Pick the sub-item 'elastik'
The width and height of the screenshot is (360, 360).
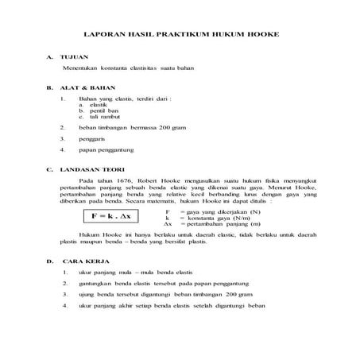99,105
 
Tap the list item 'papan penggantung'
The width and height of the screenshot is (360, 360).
111,149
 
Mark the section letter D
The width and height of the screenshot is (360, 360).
49,260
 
